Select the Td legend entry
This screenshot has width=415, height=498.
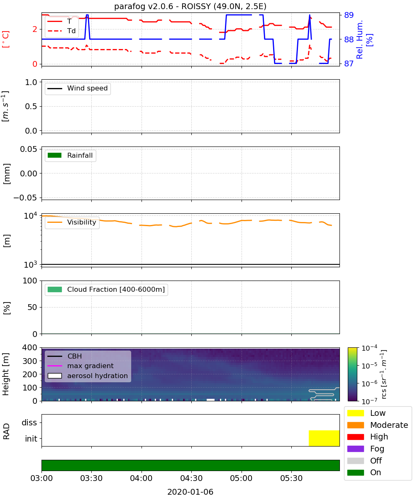61,31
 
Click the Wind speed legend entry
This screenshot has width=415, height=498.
78,88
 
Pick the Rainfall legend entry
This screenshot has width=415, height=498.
70,155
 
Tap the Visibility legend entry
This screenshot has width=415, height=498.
71,222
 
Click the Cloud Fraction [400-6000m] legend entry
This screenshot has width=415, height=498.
106,289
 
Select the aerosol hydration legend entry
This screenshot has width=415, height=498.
88,376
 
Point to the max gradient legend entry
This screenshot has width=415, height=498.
81,366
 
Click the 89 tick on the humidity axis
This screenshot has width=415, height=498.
349,15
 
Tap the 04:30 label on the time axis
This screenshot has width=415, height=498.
191,478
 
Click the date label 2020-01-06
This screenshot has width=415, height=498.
190,492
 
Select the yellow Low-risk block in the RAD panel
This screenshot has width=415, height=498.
324,438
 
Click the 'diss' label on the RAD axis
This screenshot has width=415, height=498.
29,422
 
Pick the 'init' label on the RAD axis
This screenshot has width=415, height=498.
31,438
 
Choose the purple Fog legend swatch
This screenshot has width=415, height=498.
355,449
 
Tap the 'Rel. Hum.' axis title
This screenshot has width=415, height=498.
359,39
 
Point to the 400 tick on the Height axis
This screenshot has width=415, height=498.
30,347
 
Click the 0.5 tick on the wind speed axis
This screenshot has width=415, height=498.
31,106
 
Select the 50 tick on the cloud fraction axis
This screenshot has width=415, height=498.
32,307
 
